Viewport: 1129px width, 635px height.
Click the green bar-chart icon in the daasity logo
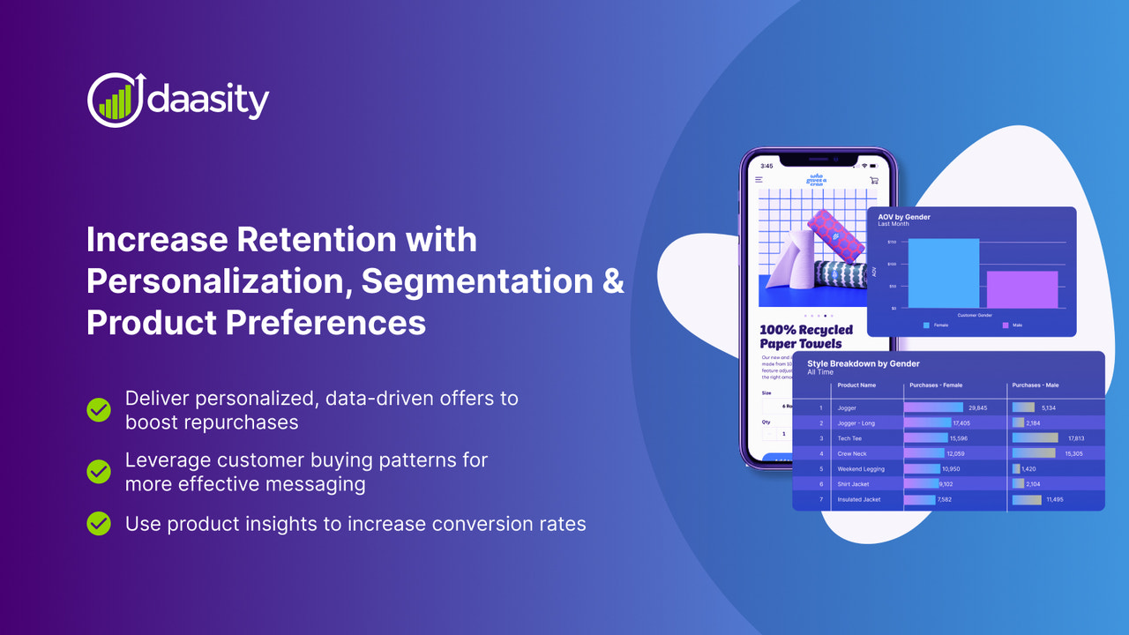(x=115, y=102)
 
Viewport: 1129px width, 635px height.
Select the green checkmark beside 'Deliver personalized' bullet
(x=99, y=409)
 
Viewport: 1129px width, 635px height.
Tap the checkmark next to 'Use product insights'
(x=99, y=524)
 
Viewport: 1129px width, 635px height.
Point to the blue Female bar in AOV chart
(x=943, y=273)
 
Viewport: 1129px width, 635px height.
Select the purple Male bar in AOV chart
(x=1022, y=289)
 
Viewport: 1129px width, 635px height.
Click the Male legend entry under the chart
(x=1014, y=325)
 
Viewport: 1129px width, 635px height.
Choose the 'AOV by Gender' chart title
(x=904, y=217)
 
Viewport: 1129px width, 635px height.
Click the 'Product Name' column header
(x=856, y=385)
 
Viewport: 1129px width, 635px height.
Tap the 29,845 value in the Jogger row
(x=977, y=408)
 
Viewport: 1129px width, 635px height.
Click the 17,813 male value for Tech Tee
(x=1075, y=438)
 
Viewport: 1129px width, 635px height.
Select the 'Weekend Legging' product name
(x=861, y=469)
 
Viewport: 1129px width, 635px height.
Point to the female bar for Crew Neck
(x=923, y=453)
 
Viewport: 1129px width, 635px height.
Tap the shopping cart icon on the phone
(x=873, y=180)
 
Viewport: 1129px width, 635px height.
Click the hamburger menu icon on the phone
(x=759, y=180)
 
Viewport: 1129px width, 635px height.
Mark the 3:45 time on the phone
(x=766, y=166)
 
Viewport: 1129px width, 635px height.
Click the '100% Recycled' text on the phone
(x=806, y=330)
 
